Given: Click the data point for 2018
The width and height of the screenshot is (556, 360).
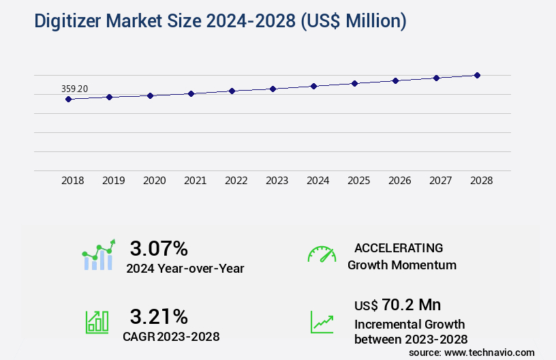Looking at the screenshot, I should tap(68, 99).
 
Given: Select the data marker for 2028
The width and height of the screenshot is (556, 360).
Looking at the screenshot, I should tap(477, 75).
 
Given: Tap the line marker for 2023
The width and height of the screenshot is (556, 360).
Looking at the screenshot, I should tap(273, 89).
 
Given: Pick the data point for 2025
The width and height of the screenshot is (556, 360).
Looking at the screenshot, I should tap(354, 83).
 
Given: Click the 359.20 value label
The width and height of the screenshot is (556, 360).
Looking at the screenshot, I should tap(74, 89).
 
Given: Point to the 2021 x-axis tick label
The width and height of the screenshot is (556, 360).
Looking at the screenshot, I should tap(195, 181).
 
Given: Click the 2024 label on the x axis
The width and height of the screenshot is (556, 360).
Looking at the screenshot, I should tap(318, 181).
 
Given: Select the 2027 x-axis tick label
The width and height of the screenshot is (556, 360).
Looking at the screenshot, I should tap(440, 181).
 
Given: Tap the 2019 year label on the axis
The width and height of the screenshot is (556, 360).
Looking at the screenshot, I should tap(113, 181).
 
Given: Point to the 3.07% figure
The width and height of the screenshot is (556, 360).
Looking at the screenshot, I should tap(159, 247).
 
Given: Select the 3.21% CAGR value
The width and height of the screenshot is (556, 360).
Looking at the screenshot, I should tap(159, 316).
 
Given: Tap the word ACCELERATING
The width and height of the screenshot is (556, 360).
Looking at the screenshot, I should tap(399, 247).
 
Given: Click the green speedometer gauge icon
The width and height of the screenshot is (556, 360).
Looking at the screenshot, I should tap(322, 254).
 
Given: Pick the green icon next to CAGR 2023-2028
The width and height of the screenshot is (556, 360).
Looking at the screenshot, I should tap(96, 322).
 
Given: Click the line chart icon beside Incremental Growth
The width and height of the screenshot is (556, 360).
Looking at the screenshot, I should tap(322, 322).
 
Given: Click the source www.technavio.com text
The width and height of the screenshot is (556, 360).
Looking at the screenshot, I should tap(472, 352).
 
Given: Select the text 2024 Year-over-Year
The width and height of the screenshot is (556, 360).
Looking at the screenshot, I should tap(185, 269).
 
